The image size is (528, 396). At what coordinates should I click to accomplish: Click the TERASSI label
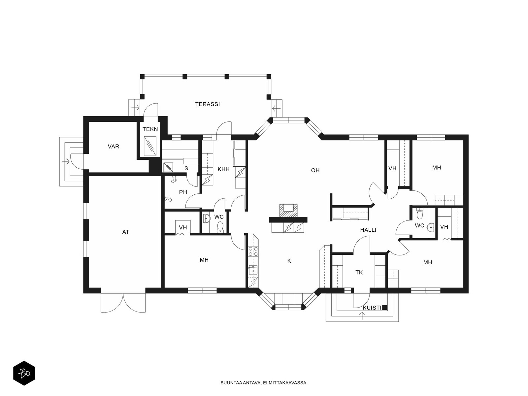207,104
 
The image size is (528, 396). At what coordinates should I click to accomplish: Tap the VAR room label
113,147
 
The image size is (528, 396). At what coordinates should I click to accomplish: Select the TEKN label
150,129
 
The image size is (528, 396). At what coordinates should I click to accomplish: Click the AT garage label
126,232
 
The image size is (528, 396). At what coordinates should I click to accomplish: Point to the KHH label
223,169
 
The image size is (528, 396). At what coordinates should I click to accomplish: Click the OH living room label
315,170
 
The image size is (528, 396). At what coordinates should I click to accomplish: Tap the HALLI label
368,230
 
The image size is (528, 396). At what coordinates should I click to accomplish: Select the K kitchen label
289,261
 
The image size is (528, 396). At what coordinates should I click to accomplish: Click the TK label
359,273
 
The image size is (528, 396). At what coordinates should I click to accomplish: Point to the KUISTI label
372,308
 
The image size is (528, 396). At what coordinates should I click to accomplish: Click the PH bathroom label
183,192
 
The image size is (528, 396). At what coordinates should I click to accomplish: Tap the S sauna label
186,168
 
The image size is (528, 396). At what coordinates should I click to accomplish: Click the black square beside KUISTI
385,307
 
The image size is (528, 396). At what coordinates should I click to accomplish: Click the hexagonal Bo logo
24,373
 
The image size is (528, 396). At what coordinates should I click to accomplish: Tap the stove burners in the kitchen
253,251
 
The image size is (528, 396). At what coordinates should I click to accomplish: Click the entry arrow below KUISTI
362,316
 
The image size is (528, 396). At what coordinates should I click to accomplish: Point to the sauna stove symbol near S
168,167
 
